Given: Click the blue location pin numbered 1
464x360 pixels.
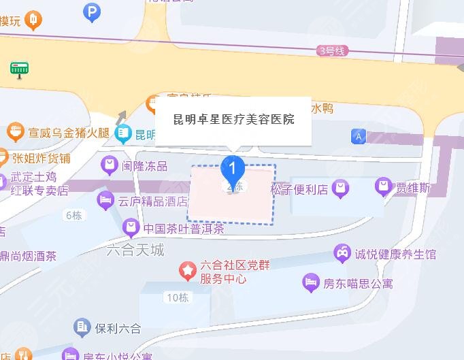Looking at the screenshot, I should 233,167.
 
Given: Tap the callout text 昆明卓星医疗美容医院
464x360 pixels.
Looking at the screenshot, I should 233,119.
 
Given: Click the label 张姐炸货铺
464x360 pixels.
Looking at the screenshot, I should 41,158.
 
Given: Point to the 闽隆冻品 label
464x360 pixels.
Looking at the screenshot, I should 144,165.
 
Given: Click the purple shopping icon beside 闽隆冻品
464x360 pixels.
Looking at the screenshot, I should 109,165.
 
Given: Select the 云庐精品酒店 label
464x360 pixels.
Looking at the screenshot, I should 152,201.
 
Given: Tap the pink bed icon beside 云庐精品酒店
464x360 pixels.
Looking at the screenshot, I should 105,200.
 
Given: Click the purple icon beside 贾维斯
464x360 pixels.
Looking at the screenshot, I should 384,186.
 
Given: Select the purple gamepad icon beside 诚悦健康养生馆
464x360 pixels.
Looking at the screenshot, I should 341,254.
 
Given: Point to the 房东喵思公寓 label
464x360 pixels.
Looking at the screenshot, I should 357,283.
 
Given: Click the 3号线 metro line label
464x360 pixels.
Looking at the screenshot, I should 332,50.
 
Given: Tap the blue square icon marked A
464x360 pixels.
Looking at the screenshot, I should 358,137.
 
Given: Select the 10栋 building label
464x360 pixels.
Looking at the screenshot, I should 176,297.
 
